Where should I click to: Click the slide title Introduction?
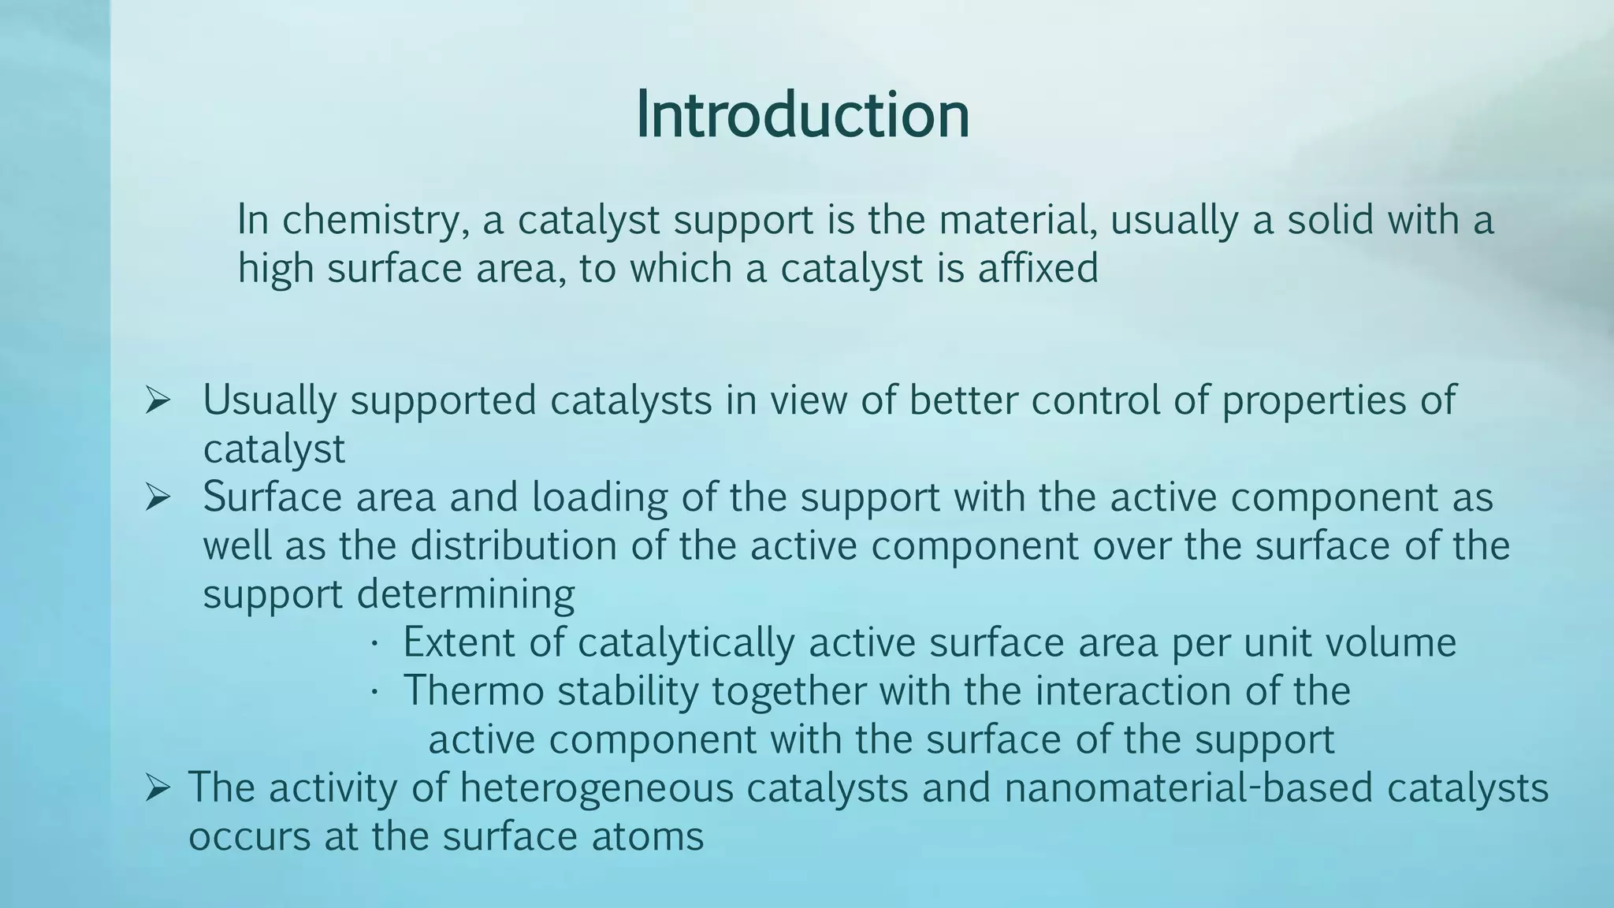tap(802, 115)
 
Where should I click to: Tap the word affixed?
tap(1038, 268)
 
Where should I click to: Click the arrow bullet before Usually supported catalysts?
tap(158, 401)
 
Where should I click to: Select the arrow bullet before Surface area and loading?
tap(158, 498)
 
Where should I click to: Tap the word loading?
tap(600, 498)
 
